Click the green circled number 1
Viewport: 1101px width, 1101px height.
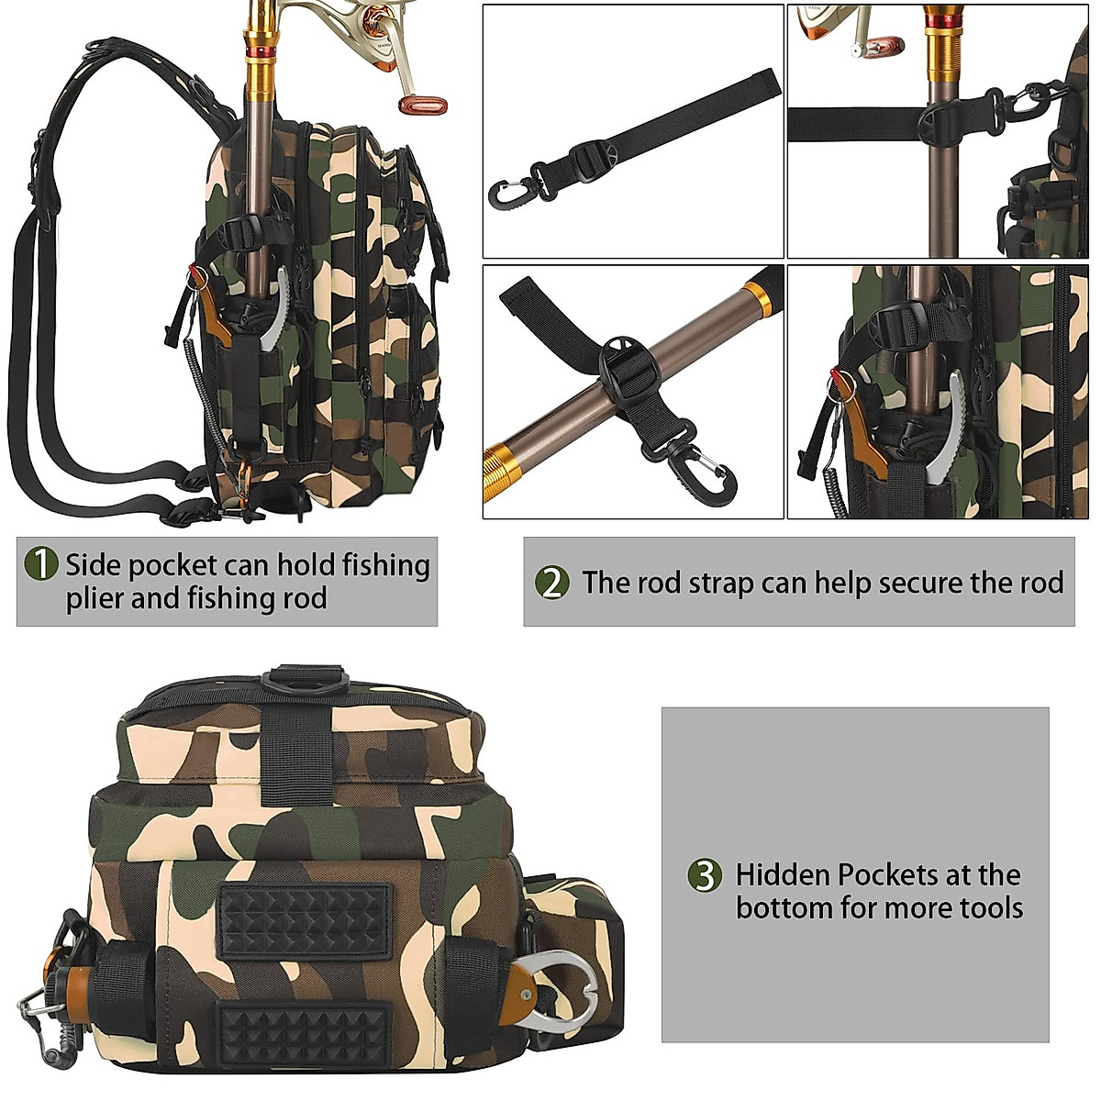[x=40, y=563]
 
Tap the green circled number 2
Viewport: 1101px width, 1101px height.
[x=551, y=583]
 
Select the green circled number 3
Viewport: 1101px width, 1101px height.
[x=705, y=875]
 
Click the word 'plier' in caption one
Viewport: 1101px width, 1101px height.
[x=95, y=599]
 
